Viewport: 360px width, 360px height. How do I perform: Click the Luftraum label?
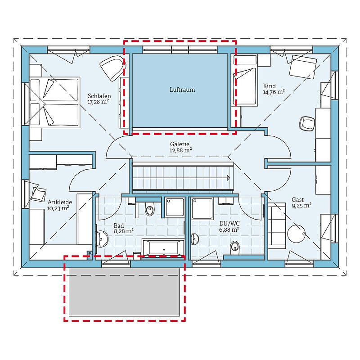coord(182,90)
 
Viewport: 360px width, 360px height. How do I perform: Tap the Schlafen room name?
coord(99,96)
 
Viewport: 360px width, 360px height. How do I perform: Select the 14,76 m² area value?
coord(274,92)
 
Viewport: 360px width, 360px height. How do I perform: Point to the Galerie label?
coord(180,144)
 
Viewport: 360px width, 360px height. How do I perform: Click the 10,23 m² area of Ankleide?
coord(58,208)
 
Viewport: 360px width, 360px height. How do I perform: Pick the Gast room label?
coord(298,199)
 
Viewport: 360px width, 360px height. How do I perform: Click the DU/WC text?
coord(229,224)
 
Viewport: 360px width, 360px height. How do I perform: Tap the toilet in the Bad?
coord(150,209)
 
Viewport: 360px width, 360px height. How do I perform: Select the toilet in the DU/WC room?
coord(234,247)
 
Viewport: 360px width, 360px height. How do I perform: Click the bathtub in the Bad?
coord(163,248)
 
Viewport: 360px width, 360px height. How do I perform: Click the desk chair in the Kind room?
coord(307,123)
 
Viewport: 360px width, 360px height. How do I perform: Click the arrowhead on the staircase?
coord(228,178)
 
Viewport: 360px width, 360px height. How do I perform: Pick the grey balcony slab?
coord(124,292)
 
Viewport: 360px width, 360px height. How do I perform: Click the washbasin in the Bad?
coord(102,239)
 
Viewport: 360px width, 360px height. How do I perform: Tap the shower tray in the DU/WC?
coord(202,208)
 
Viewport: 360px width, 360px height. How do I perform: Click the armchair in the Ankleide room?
coord(39,194)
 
